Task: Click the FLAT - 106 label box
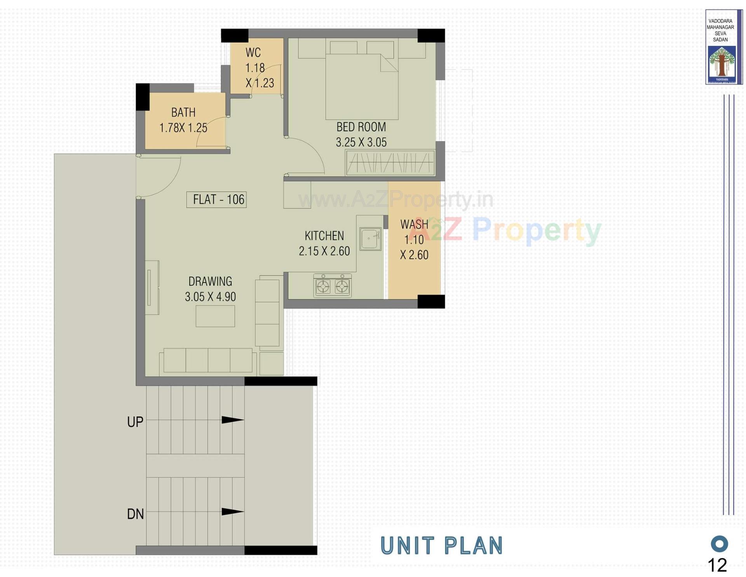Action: pos(216,200)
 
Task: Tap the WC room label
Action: pos(253,53)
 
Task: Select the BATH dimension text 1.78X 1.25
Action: pos(183,128)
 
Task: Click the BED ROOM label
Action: pos(361,127)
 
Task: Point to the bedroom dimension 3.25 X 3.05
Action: pos(361,142)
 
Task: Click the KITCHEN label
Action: pos(324,236)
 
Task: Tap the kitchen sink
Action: pos(370,239)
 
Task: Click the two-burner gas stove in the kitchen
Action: pos(332,286)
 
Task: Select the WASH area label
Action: pos(414,224)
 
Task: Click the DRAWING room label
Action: pos(210,281)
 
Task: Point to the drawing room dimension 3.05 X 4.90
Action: pos(210,297)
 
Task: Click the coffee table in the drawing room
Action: pos(215,316)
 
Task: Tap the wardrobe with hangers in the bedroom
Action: pos(390,163)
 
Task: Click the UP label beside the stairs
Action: pos(135,422)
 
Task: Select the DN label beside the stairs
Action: pos(135,514)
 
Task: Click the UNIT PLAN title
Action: pos(441,545)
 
